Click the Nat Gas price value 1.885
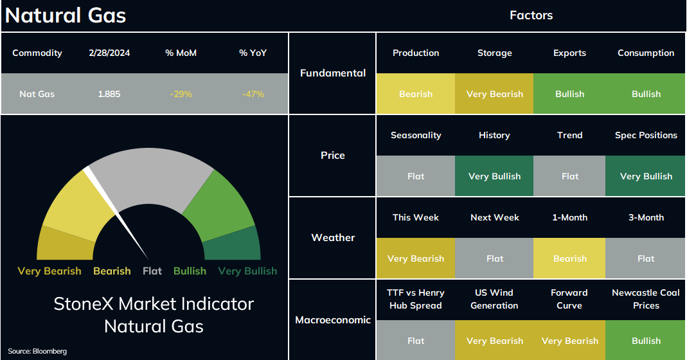tap(109, 94)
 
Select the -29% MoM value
tap(181, 94)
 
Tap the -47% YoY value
tap(253, 94)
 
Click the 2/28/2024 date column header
tap(109, 53)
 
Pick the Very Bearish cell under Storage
tap(495, 94)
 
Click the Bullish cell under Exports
tap(569, 94)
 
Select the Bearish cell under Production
tap(416, 94)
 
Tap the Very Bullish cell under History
tap(495, 176)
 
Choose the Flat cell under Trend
tap(569, 176)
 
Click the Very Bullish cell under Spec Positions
tap(645, 176)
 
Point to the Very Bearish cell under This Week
tap(416, 258)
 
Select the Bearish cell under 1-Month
tap(569, 258)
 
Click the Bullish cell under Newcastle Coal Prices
tap(645, 341)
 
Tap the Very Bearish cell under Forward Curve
tap(569, 341)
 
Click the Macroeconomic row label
tap(333, 320)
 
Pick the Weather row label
tap(333, 238)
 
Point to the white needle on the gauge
tap(116, 213)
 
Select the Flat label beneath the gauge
tap(152, 271)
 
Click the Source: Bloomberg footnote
tap(37, 351)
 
